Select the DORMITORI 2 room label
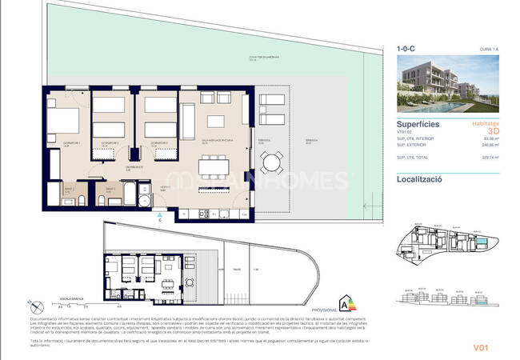[108, 144]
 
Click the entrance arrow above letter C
[160, 214]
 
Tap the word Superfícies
[418, 125]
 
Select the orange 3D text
[489, 130]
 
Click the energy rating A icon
[346, 302]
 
